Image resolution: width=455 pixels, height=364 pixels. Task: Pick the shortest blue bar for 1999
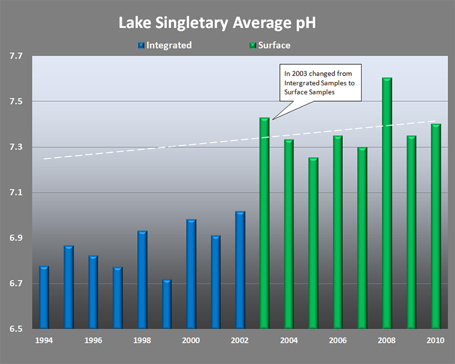point(167,304)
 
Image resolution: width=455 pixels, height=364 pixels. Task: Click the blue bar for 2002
point(240,270)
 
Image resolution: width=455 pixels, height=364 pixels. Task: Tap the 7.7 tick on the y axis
point(16,56)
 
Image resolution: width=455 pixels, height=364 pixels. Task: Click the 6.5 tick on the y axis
point(16,329)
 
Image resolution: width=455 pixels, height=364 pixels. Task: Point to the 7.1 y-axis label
point(16,193)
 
